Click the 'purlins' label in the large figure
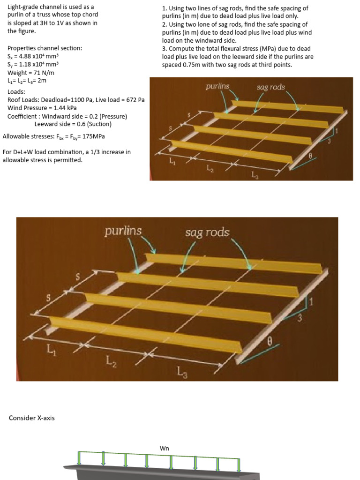pyautogui.click(x=123, y=231)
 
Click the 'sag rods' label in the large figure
pyautogui.click(x=207, y=232)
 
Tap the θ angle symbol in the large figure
pyautogui.click(x=270, y=342)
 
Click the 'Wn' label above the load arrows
pyautogui.click(x=164, y=449)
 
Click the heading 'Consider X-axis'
pyautogui.click(x=31, y=418)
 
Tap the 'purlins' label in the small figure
pyautogui.click(x=217, y=86)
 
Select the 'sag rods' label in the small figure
pyautogui.click(x=270, y=87)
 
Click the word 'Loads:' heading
pyautogui.click(x=16, y=92)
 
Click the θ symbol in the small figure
pyautogui.click(x=310, y=156)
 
